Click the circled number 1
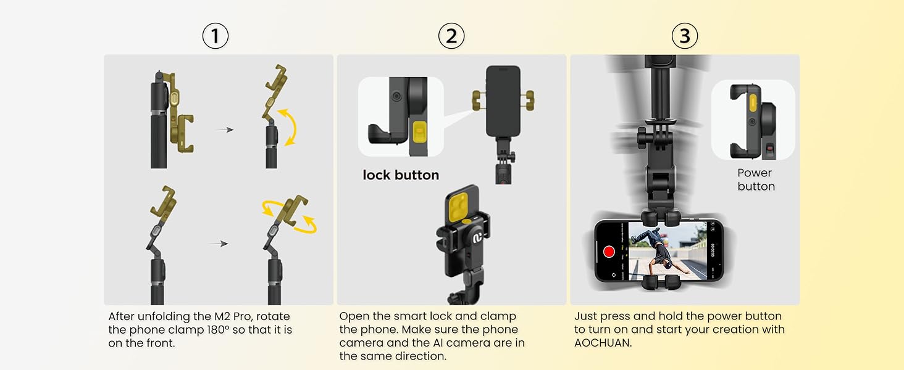[215, 37]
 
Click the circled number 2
[451, 37]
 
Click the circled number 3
[684, 37]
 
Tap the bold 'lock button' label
[401, 175]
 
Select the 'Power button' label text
[755, 179]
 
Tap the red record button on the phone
[609, 252]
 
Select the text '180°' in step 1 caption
[221, 330]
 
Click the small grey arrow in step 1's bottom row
[219, 244]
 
